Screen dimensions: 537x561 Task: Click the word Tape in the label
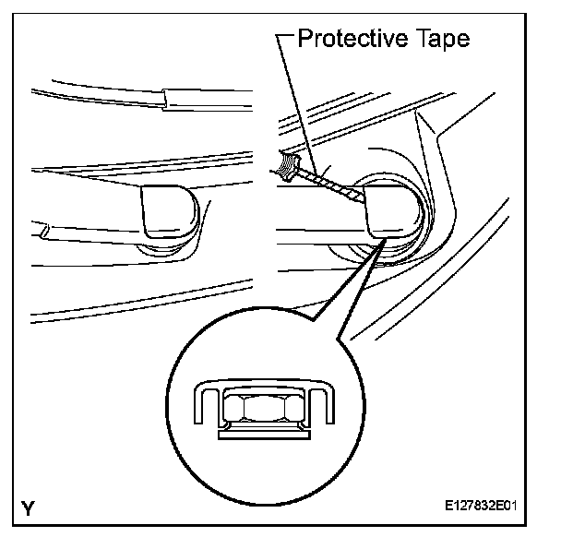point(441,40)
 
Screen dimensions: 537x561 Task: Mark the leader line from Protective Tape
point(297,101)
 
